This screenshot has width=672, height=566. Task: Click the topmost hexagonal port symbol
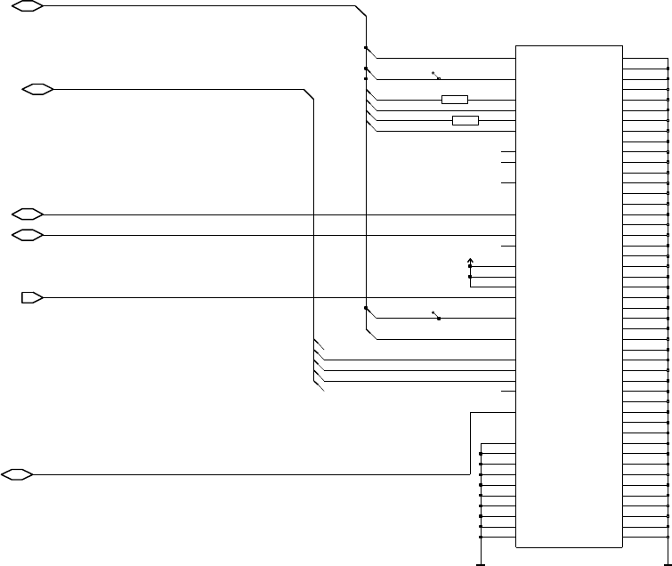[x=28, y=6]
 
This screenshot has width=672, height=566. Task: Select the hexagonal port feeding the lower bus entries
[x=38, y=89]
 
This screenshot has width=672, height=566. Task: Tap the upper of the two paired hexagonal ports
[x=28, y=214]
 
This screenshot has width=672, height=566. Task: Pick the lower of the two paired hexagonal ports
[x=28, y=235]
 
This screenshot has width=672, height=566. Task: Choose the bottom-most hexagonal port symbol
[x=18, y=474]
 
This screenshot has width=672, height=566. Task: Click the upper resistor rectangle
[x=454, y=99]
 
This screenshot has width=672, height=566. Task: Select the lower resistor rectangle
[x=465, y=120]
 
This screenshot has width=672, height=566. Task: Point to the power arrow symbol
[x=470, y=262]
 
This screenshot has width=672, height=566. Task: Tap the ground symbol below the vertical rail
[x=481, y=563]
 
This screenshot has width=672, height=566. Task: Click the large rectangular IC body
[x=569, y=296]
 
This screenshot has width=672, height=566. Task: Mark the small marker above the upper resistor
[x=436, y=76]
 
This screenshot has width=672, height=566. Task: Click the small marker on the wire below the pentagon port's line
[x=436, y=315]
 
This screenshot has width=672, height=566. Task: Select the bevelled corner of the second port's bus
[x=309, y=94]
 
